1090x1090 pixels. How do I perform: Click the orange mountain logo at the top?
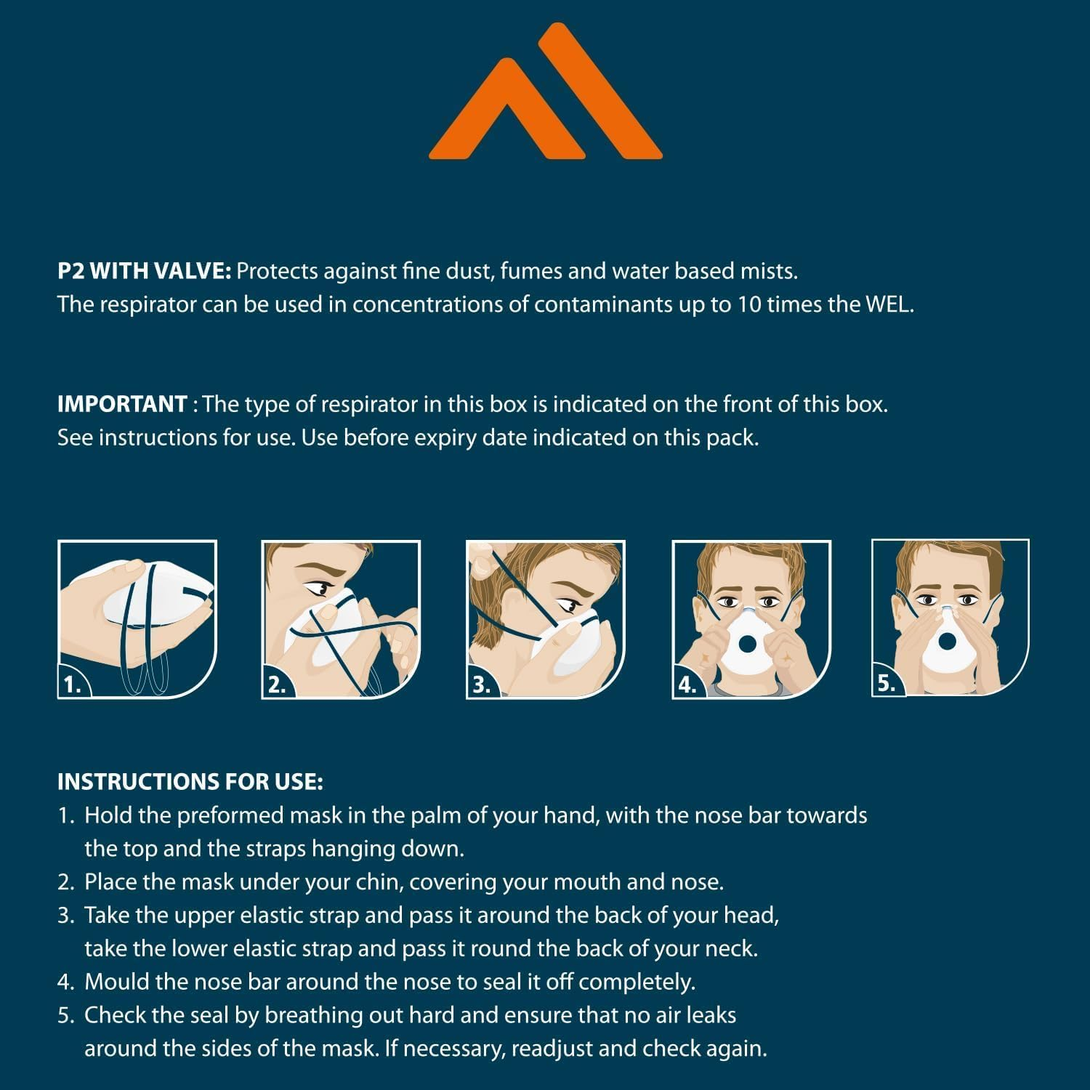[x=545, y=94]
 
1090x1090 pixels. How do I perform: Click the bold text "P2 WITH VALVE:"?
[x=144, y=271]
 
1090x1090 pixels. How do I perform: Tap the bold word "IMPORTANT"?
[x=121, y=404]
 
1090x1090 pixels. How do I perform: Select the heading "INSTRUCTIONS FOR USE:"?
[x=190, y=782]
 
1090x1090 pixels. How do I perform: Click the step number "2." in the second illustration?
[x=277, y=684]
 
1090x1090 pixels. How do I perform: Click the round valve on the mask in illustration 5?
[x=946, y=642]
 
